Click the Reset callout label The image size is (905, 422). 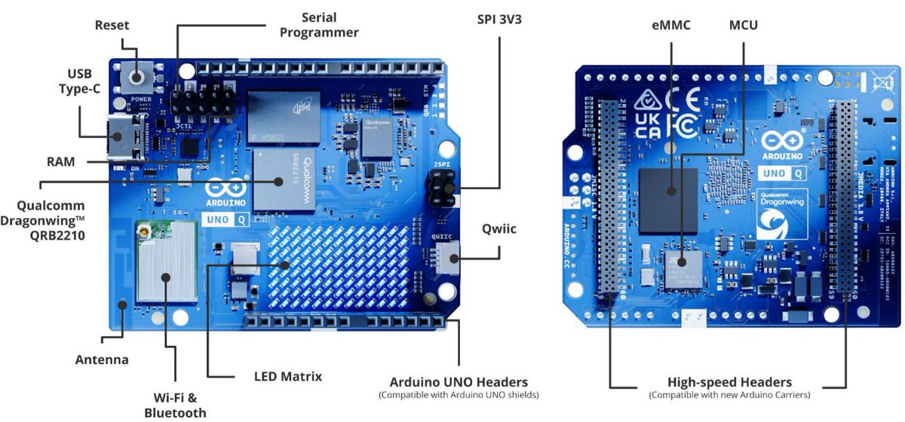coord(112,25)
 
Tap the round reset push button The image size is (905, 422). coord(137,77)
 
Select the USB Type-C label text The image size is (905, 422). coord(79,81)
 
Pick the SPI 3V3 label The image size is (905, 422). coord(499,19)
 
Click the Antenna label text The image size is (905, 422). coord(102,359)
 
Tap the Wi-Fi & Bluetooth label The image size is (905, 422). coord(175,405)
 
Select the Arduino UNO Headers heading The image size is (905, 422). coord(459,382)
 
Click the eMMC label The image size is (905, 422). coord(671,25)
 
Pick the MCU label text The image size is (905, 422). coord(743,25)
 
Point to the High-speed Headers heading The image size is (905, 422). coord(730,382)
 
